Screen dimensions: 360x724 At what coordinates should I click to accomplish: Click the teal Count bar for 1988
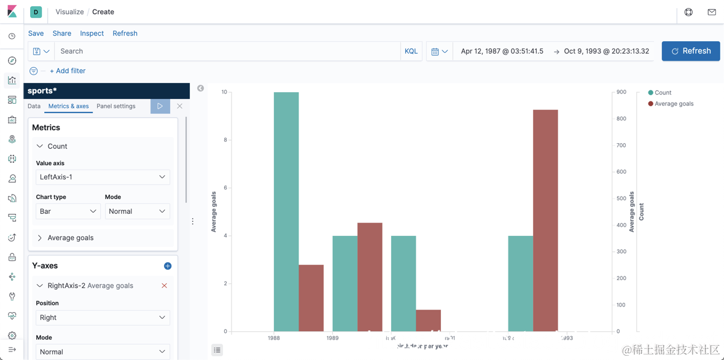coord(286,211)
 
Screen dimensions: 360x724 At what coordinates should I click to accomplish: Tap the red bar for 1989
coord(370,276)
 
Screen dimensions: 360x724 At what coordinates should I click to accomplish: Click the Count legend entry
coord(663,93)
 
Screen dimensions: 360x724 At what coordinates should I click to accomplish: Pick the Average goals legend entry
coord(674,104)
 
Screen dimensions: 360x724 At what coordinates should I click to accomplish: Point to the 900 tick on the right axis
coord(621,92)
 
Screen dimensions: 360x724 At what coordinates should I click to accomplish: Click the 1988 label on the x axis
coord(274,338)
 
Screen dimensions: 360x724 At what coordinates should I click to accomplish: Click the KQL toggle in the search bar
coord(411,52)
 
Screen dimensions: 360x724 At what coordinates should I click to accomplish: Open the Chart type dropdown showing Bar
coord(68,211)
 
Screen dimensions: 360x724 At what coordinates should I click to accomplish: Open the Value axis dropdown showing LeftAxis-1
coord(103,177)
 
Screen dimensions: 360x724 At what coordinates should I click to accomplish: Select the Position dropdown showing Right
coord(103,318)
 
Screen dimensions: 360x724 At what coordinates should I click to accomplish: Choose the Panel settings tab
coord(116,106)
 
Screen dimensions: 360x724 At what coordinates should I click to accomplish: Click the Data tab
coord(34,106)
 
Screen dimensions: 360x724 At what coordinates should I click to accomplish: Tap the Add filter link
coord(68,71)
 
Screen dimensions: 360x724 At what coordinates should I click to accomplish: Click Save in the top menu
coord(36,33)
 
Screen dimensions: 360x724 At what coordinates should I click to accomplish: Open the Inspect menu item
coord(91,33)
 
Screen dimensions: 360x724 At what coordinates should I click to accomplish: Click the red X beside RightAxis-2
coord(164,286)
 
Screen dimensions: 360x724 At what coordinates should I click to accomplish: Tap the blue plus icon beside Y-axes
coord(168,266)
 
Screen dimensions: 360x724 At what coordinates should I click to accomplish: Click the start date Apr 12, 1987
coord(502,52)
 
